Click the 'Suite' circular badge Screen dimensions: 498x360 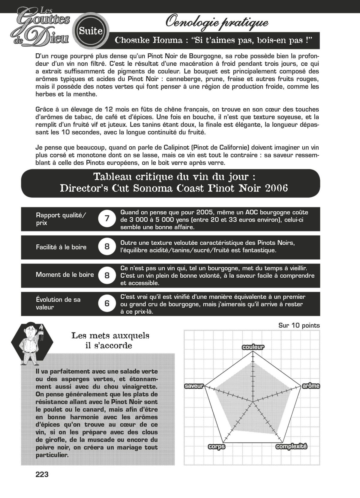[x=91, y=31]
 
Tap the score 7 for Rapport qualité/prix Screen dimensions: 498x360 [x=107, y=219]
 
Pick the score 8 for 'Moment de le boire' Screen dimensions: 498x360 [x=107, y=275]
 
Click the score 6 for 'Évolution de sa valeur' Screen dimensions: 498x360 [x=107, y=303]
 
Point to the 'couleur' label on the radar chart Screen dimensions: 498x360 [x=253, y=347]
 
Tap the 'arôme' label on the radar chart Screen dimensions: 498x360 [x=310, y=386]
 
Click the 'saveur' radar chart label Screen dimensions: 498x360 [x=194, y=386]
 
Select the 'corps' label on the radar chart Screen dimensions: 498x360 [x=217, y=447]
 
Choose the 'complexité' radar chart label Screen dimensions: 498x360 [x=291, y=447]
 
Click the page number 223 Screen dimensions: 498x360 [x=42, y=475]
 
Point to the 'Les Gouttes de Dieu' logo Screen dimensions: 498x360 [x=42, y=28]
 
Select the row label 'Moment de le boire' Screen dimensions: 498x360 [x=65, y=275]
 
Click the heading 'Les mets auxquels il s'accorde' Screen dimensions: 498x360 [x=110, y=340]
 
